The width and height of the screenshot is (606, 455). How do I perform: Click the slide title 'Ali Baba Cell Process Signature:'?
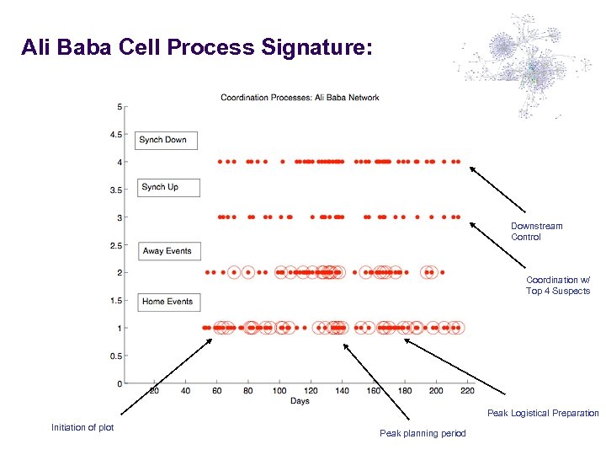(195, 48)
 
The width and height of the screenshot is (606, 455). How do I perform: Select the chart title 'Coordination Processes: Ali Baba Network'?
(300, 98)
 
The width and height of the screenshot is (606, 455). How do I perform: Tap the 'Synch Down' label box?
(166, 140)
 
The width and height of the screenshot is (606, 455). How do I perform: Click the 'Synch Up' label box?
(168, 187)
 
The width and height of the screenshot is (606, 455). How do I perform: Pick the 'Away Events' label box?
(167, 251)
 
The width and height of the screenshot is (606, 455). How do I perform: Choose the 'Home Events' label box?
(167, 302)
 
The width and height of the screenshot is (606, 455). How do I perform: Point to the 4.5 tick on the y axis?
(116, 135)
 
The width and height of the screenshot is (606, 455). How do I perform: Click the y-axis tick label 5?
(120, 107)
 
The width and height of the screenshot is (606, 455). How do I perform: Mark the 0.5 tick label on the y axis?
(116, 356)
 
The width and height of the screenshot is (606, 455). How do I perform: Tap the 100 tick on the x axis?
(279, 391)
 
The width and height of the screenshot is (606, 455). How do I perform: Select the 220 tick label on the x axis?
(467, 391)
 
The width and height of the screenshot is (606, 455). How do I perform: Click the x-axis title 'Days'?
(300, 401)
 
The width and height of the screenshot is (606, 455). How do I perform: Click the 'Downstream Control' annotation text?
(536, 232)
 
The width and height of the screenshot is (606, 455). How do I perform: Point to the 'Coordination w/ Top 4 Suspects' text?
(558, 286)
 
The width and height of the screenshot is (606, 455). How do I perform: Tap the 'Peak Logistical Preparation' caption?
(543, 413)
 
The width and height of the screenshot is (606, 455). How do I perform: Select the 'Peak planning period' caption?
(422, 433)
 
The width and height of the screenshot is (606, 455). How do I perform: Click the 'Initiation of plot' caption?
(82, 427)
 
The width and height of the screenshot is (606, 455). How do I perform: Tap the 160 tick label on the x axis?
(373, 391)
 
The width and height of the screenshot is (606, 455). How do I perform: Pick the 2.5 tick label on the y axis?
(116, 246)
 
